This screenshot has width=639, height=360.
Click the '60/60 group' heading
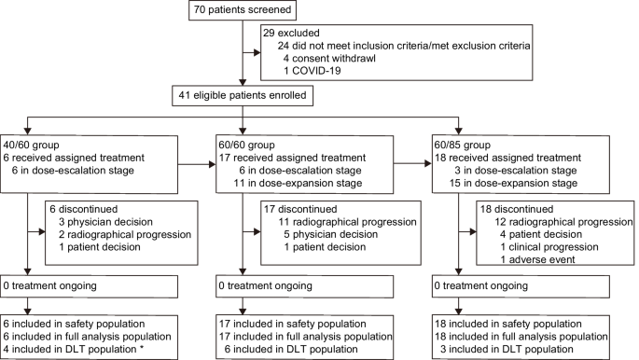(x=250, y=146)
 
